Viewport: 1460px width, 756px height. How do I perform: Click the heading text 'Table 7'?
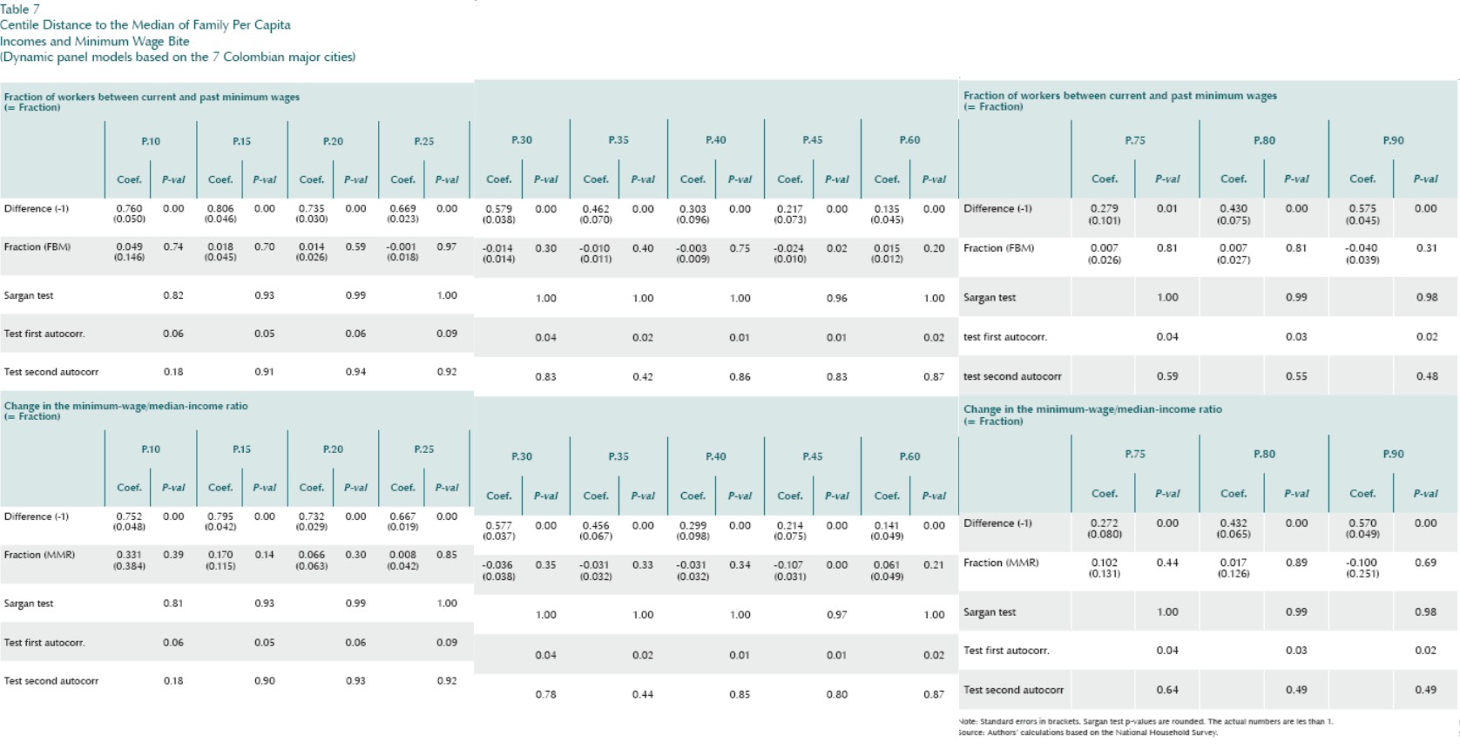(20, 9)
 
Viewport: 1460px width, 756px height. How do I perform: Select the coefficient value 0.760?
(129, 209)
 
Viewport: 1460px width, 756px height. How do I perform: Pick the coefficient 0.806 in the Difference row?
(220, 209)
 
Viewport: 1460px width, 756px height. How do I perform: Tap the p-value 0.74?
(173, 247)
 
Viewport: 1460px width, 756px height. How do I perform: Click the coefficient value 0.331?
(129, 555)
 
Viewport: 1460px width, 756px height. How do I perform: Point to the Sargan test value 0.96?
(836, 299)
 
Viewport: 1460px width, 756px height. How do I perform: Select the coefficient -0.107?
(789, 565)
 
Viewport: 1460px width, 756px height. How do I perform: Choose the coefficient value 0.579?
(498, 210)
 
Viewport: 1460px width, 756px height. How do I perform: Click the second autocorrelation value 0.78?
(545, 695)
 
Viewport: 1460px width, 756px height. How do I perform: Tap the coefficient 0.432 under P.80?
(1233, 523)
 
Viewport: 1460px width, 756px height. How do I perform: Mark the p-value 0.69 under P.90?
(1425, 563)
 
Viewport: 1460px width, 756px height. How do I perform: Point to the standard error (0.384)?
(129, 566)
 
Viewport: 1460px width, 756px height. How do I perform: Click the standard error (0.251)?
(1362, 574)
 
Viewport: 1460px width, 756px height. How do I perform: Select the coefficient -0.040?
(1362, 248)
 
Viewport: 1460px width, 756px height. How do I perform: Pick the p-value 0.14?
(264, 555)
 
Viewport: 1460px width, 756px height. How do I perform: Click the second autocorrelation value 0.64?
(1167, 690)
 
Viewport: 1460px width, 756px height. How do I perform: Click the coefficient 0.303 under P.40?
(693, 210)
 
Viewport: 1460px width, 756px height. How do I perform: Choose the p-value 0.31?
(1425, 248)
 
